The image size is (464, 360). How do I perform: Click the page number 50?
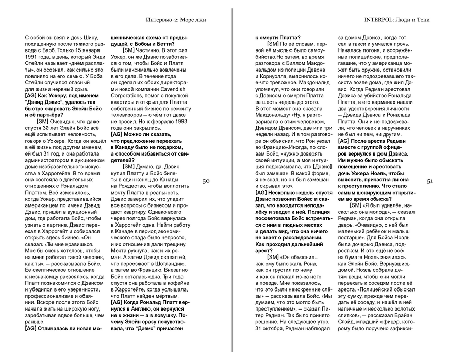pyautogui.click(x=206, y=181)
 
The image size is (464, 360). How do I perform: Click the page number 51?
pyautogui.click(x=433, y=181)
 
